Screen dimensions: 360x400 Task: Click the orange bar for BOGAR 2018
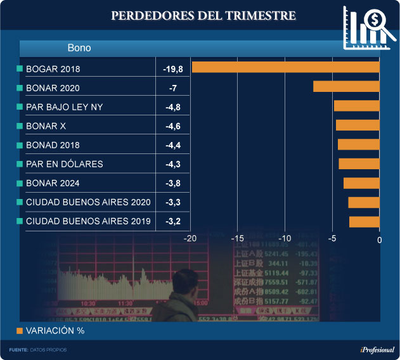[285, 67]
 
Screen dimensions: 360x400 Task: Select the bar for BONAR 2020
[346, 87]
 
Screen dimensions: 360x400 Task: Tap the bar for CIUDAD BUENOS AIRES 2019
[364, 221]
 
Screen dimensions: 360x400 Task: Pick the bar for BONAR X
[358, 125]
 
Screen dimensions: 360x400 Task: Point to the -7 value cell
[172, 87]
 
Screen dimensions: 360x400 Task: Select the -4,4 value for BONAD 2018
[172, 145]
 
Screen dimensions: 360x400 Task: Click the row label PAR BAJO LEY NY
[64, 107]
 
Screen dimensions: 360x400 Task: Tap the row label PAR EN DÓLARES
[64, 164]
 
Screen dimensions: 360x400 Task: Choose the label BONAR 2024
[53, 183]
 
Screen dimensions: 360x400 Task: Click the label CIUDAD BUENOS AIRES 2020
[88, 202]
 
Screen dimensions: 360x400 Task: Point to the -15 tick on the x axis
[237, 239]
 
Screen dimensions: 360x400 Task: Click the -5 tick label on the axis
[332, 239]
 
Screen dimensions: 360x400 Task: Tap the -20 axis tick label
[190, 239]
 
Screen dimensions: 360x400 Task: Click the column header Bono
[79, 48]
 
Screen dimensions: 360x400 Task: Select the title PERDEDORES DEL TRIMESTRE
[203, 15]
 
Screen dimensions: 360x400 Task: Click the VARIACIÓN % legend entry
[50, 331]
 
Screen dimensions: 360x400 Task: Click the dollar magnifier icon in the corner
[368, 27]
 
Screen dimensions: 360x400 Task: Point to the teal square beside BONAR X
[20, 126]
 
